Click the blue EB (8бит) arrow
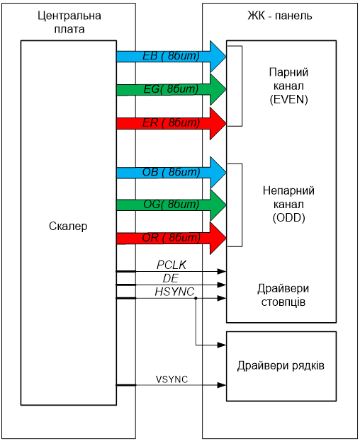(171, 57)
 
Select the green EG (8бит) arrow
(171, 89)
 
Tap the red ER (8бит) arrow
(171, 123)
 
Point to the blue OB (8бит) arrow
(171, 173)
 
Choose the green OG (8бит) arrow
(171, 205)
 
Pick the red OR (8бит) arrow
(171, 239)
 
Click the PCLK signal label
(171, 265)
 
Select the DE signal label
(171, 278)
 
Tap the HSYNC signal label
(174, 292)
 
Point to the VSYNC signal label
(171, 379)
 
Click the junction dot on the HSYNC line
(196, 298)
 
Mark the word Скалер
(68, 226)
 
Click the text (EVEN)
(289, 99)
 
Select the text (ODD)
(289, 218)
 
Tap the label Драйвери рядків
(281, 366)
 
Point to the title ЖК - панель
(280, 16)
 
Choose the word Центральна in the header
(69, 16)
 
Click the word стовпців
(283, 302)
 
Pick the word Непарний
(288, 190)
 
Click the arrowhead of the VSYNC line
(222, 385)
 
